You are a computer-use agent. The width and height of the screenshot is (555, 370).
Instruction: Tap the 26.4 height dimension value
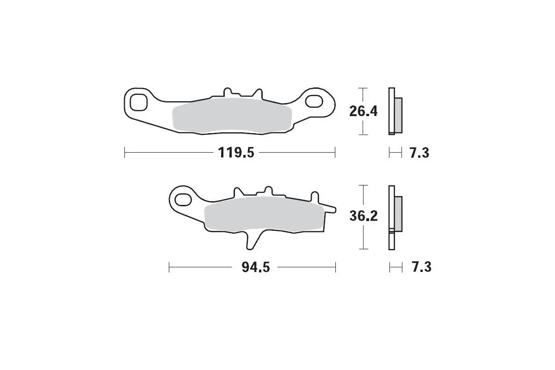[x=364, y=111]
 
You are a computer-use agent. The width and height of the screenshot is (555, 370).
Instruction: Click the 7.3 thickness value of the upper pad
[x=419, y=153]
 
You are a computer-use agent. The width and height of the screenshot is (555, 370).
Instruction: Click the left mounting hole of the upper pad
[x=138, y=102]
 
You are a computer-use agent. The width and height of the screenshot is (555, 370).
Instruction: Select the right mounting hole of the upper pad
[x=315, y=101]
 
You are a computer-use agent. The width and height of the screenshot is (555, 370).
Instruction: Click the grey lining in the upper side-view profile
[x=398, y=114]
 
